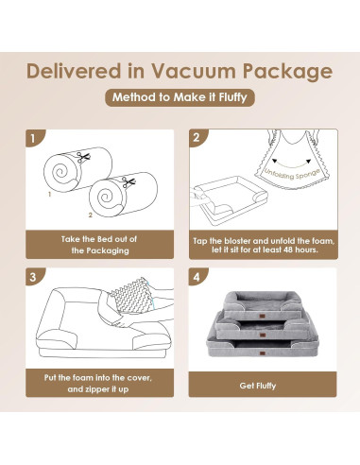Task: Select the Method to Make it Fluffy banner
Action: [x=180, y=97]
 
